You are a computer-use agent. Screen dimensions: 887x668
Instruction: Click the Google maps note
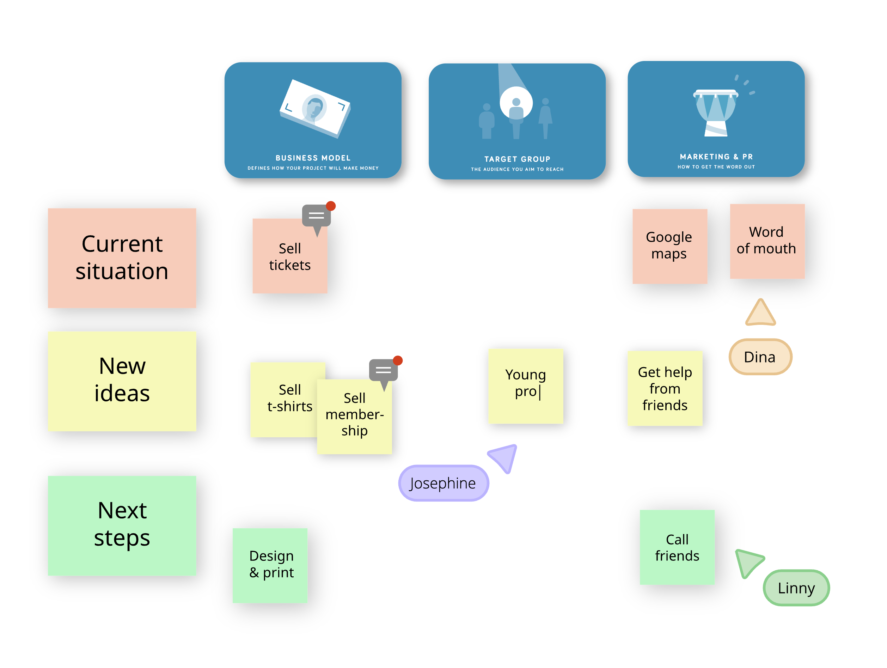[x=670, y=246]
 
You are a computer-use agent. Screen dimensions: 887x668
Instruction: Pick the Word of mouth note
[x=767, y=241]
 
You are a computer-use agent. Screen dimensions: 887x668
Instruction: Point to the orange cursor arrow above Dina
[x=761, y=313]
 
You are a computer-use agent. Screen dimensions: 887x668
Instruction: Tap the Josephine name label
[x=443, y=483]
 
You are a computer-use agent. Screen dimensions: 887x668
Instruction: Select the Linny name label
[x=796, y=588]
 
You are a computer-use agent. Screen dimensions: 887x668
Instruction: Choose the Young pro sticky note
[x=526, y=386]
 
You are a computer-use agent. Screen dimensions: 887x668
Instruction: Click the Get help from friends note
[x=665, y=388]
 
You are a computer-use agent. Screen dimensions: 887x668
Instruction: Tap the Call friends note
[x=677, y=547]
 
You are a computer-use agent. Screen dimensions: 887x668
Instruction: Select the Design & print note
[x=270, y=566]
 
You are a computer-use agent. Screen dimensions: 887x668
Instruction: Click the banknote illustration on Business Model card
[x=315, y=109]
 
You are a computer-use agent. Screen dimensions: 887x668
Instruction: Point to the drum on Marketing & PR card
[x=716, y=113]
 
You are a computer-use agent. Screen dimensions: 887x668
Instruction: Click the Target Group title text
[x=517, y=159]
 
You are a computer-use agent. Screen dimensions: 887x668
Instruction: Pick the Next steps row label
[x=122, y=526]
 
